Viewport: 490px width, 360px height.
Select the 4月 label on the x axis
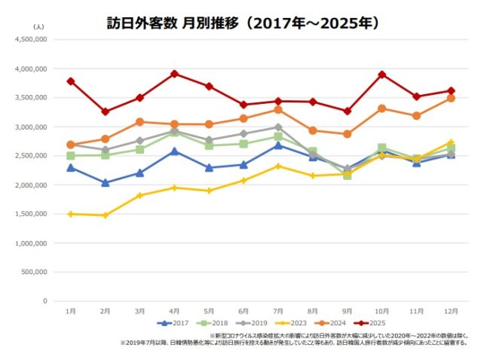pyautogui.click(x=173, y=310)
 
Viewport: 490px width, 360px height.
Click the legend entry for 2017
pyautogui.click(x=174, y=323)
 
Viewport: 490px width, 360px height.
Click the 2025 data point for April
pyautogui.click(x=174, y=74)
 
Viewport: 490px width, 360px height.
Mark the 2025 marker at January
pyautogui.click(x=70, y=81)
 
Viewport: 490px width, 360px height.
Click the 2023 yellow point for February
pyautogui.click(x=105, y=215)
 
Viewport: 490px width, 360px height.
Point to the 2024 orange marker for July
pyautogui.click(x=277, y=110)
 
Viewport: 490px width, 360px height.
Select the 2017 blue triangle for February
pyautogui.click(x=105, y=183)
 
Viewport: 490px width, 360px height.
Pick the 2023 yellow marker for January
pyautogui.click(x=70, y=214)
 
